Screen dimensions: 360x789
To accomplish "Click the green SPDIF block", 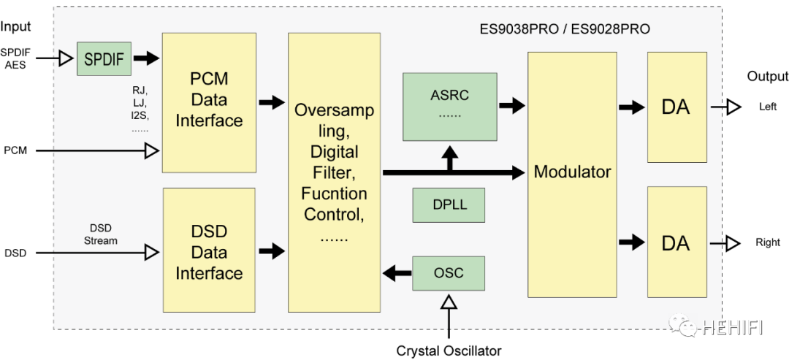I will click(x=104, y=59).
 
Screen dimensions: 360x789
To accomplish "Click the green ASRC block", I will click(x=449, y=107).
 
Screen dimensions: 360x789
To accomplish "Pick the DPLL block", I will click(x=449, y=205).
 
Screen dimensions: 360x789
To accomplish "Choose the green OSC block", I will click(x=449, y=273).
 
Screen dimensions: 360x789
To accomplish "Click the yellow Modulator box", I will click(x=572, y=173).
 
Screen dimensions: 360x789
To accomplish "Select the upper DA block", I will click(x=676, y=107).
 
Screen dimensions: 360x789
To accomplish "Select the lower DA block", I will click(x=676, y=242).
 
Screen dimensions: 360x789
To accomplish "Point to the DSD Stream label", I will click(x=100, y=234).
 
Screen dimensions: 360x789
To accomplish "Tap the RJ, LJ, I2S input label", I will click(x=140, y=109).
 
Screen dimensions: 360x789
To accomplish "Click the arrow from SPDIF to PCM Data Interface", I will click(x=146, y=58).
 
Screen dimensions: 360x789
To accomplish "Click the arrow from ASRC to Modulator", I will click(x=512, y=105).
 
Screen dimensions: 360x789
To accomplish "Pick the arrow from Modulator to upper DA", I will click(x=631, y=107).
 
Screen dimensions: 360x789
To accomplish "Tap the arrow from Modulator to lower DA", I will click(x=631, y=242).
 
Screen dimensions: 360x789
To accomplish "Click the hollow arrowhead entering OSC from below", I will click(x=449, y=302).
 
